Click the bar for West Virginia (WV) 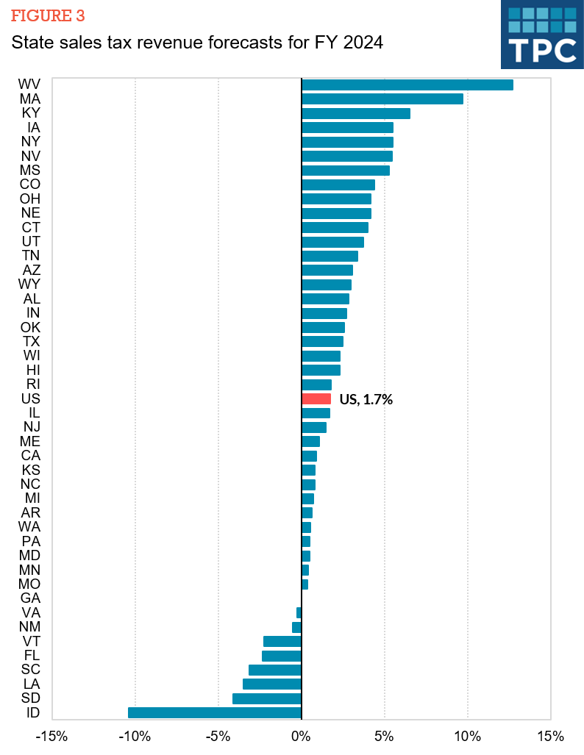click(x=407, y=85)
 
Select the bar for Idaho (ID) click(x=215, y=712)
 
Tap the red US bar click(x=316, y=399)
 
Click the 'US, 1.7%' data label click(x=366, y=400)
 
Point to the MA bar click(x=382, y=99)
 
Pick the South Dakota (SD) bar click(x=267, y=698)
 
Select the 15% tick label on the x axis click(x=550, y=737)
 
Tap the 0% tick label click(x=302, y=737)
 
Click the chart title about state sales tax click(x=197, y=43)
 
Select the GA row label click(x=30, y=598)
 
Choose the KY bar click(x=356, y=113)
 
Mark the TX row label click(x=31, y=342)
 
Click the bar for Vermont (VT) click(x=282, y=641)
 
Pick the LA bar click(x=272, y=684)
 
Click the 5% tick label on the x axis click(x=385, y=737)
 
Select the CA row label click(x=30, y=456)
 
